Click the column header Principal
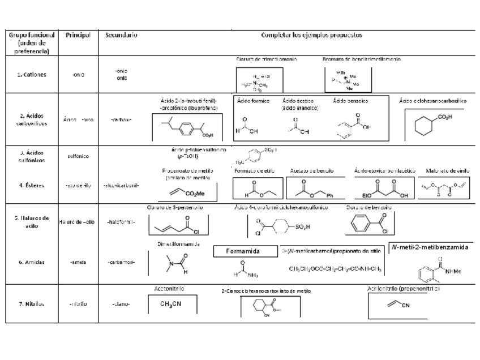(78, 35)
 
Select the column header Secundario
(121, 35)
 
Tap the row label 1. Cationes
(32, 75)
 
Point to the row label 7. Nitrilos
(32, 303)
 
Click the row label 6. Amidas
(32, 262)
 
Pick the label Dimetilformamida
(178, 245)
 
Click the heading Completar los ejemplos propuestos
(311, 35)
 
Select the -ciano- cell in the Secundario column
(121, 303)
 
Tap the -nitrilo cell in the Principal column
(78, 303)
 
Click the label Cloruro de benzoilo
(369, 208)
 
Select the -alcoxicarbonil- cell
(122, 185)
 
